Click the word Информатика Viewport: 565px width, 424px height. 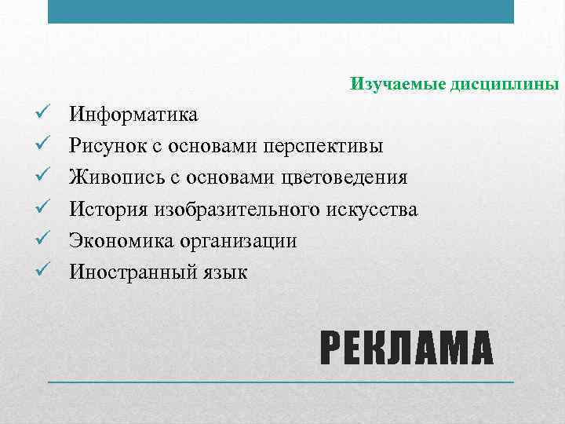click(x=133, y=115)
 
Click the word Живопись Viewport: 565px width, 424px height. click(x=110, y=178)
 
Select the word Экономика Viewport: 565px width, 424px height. click(x=114, y=241)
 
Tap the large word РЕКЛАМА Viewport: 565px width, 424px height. click(x=407, y=349)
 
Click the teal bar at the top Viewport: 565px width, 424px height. click(x=281, y=11)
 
